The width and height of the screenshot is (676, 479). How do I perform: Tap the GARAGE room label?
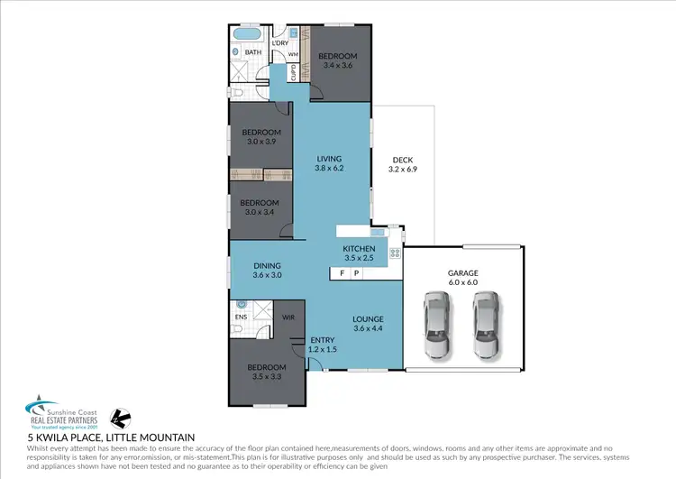(462, 272)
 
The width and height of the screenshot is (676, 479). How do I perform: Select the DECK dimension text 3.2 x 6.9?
(403, 170)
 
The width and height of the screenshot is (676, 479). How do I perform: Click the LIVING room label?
(329, 159)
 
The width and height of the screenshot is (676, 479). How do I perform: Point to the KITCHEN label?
(358, 249)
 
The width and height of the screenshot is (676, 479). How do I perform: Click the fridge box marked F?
(342, 273)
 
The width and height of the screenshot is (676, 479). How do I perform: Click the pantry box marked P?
(356, 273)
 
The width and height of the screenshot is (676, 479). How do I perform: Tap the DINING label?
(267, 265)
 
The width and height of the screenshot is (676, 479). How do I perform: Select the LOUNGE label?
(368, 319)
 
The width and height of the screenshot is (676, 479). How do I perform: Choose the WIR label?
(288, 318)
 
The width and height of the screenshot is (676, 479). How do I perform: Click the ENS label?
(241, 318)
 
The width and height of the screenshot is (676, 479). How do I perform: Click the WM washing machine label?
(293, 55)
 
